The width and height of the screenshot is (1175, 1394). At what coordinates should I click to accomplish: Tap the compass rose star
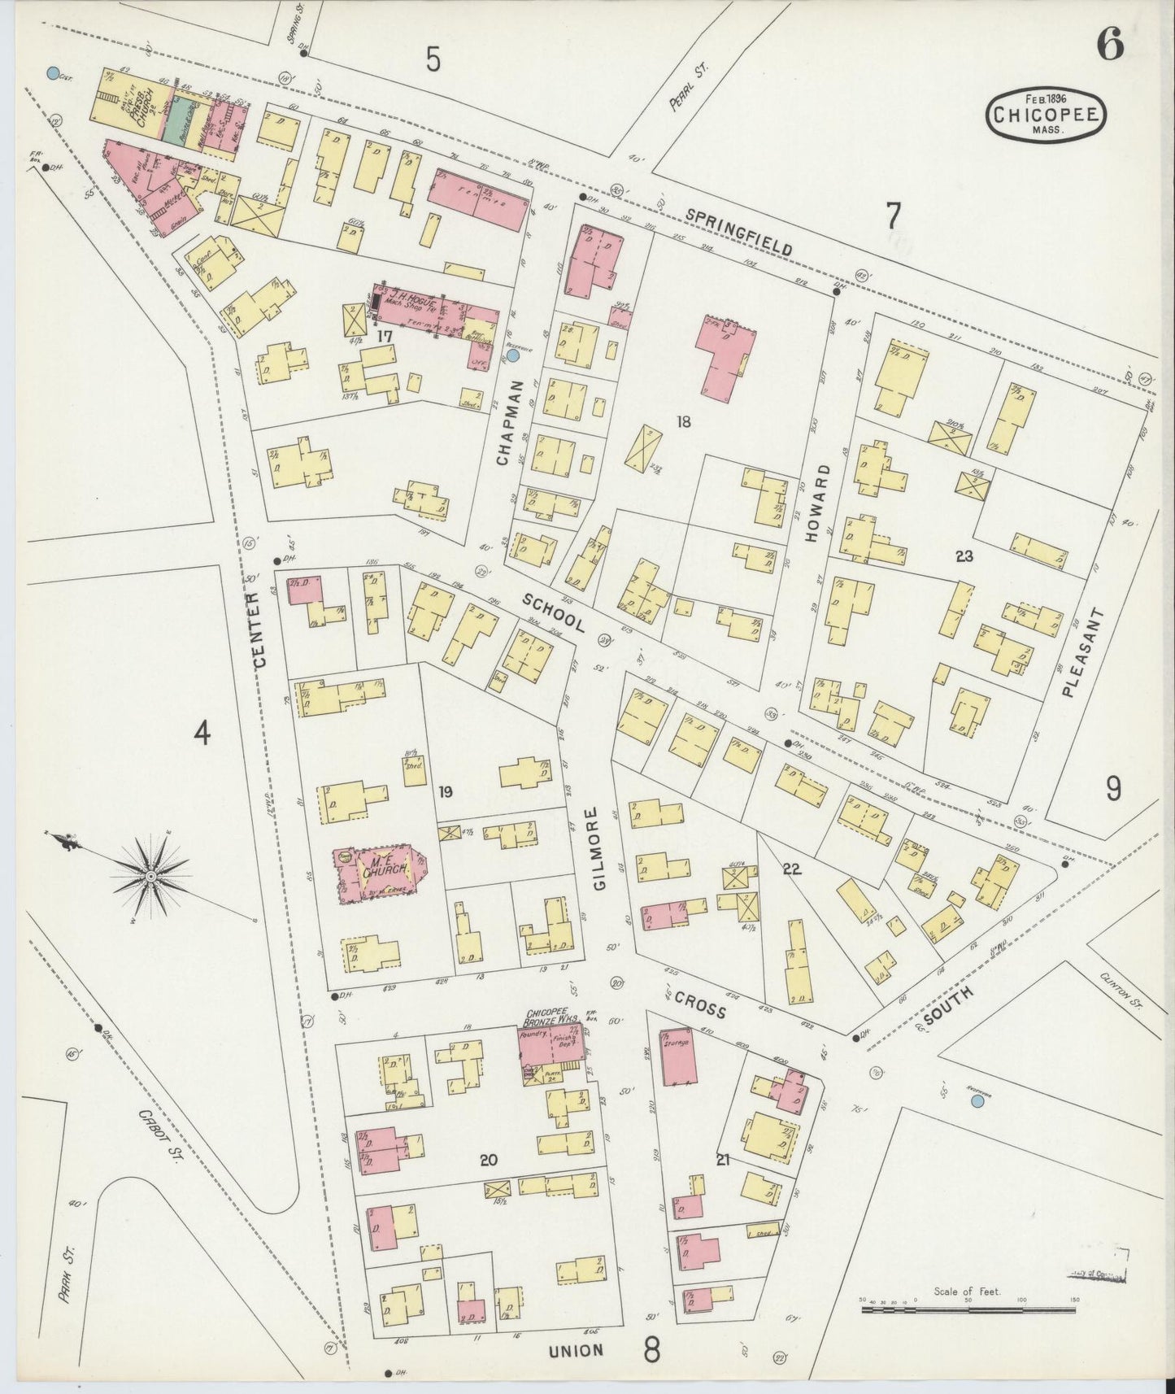tap(151, 876)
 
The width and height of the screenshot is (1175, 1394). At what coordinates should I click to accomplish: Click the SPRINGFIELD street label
tap(739, 232)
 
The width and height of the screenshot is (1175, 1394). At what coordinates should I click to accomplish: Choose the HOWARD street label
tap(824, 503)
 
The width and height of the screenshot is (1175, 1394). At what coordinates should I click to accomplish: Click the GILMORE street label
tap(599, 848)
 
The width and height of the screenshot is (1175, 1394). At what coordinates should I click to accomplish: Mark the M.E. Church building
tap(381, 873)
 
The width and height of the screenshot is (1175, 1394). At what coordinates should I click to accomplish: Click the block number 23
tap(964, 556)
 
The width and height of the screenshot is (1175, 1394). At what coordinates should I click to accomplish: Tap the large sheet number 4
tap(202, 734)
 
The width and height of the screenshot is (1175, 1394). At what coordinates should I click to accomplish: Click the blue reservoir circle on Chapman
tap(513, 355)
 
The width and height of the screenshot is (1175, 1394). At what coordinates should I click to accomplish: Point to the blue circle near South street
tap(977, 1101)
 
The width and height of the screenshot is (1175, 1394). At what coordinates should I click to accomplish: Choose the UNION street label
tap(576, 1350)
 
